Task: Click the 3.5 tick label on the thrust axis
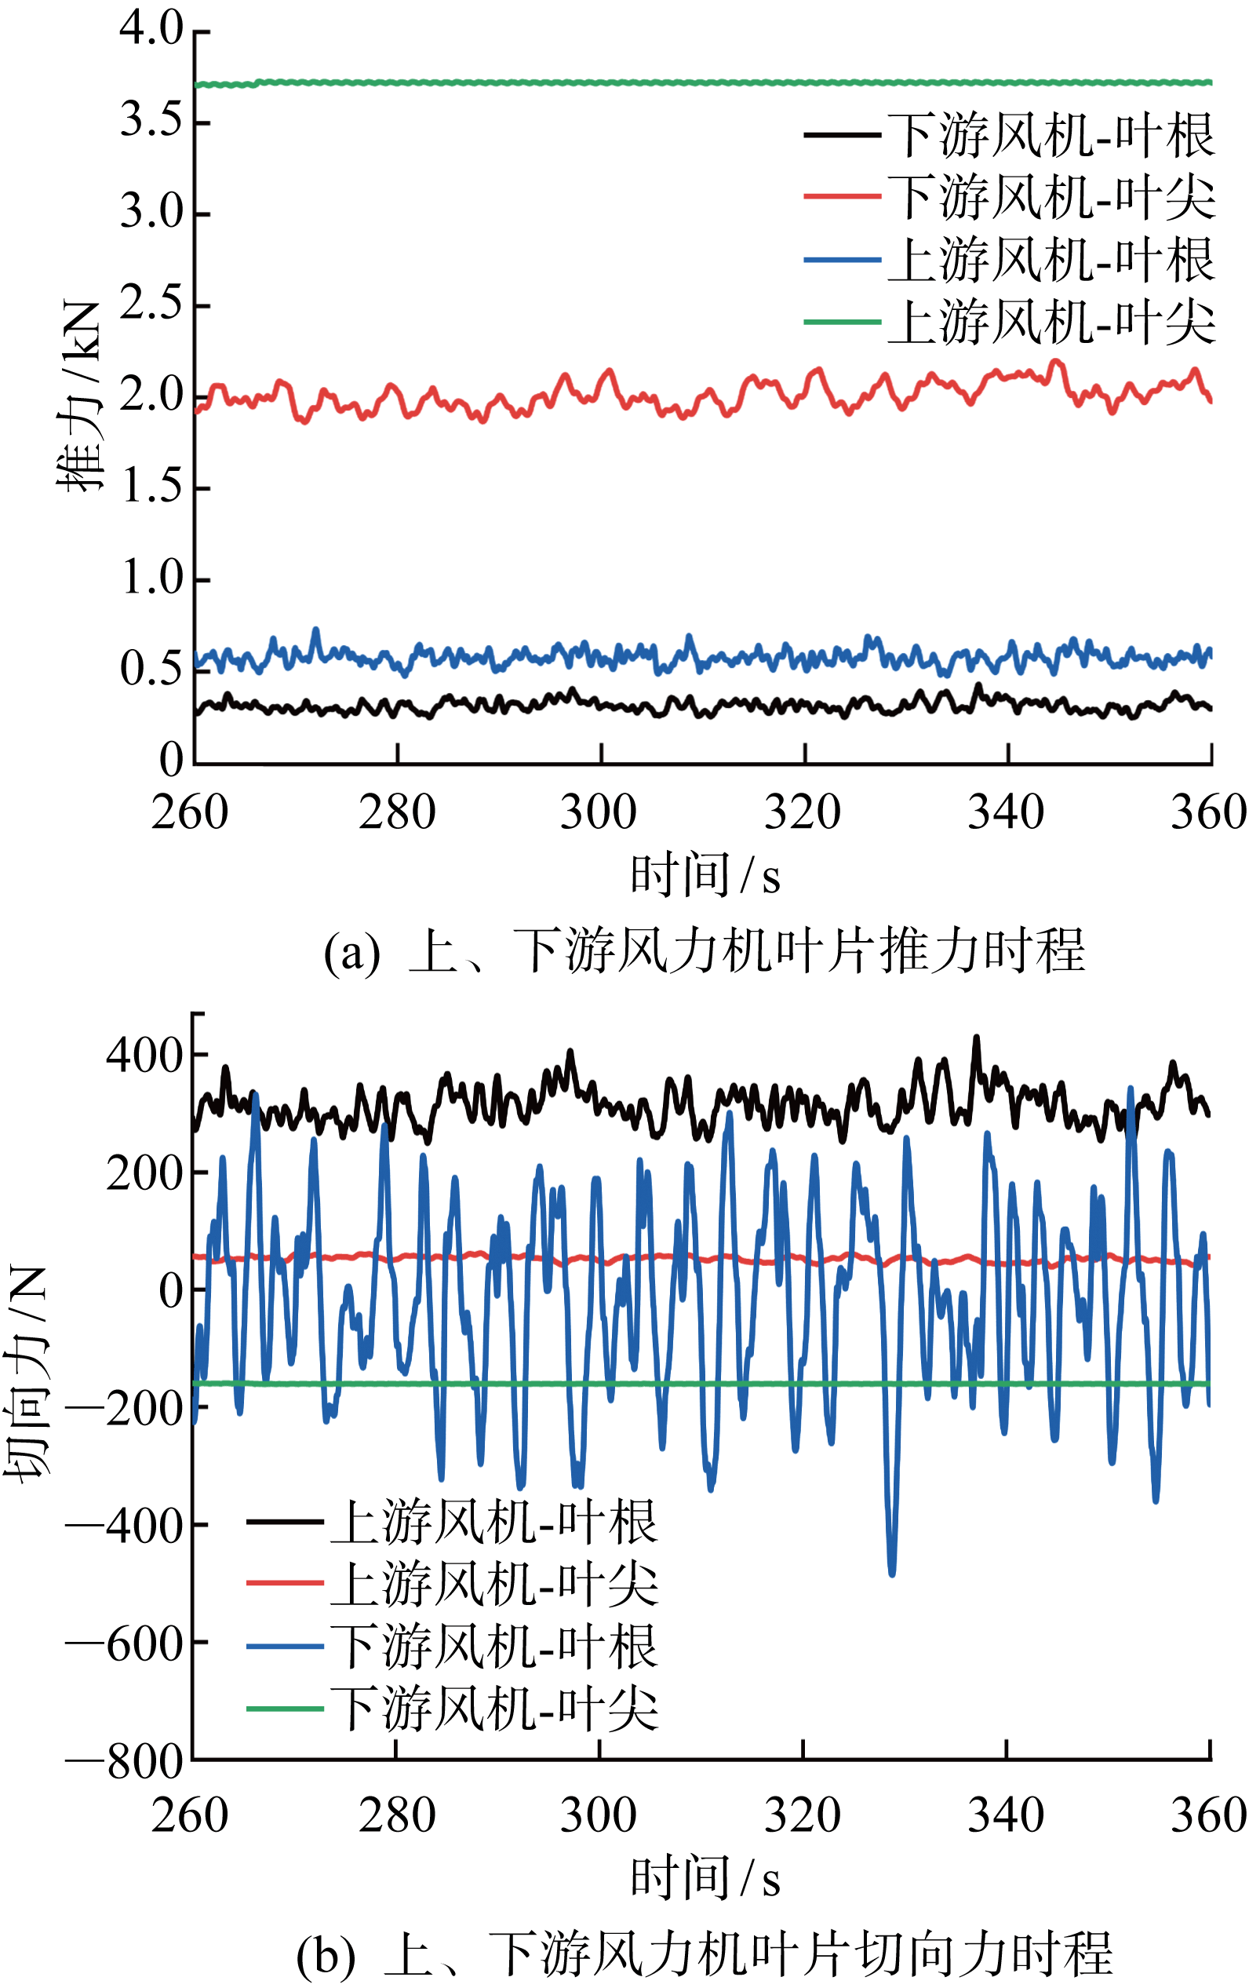[x=151, y=122]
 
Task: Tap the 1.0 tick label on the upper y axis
[x=153, y=578]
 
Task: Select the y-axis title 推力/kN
[x=80, y=396]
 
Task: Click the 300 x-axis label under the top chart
[x=599, y=812]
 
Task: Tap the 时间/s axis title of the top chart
[x=705, y=877]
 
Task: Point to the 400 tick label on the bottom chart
[x=144, y=1056]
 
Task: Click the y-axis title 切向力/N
[x=27, y=1370]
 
